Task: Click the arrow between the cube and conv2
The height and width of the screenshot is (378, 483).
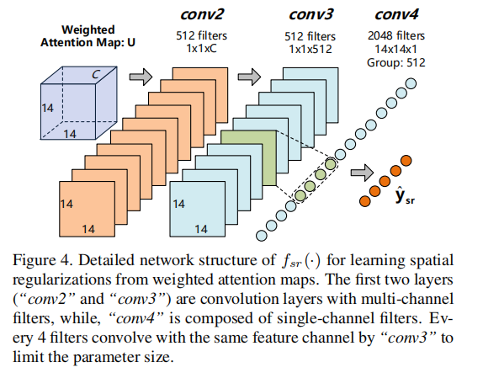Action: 144,77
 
